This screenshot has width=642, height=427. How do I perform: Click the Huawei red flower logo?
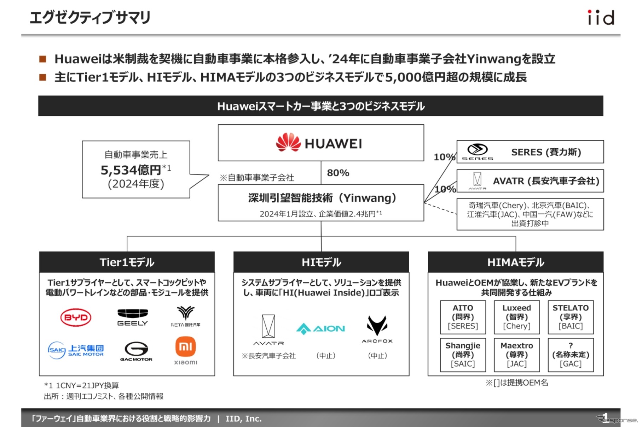[288, 142]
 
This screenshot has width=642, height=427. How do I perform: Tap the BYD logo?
[76, 318]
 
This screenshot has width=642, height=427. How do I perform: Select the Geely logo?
[133, 317]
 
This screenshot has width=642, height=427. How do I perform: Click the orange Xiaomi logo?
[186, 347]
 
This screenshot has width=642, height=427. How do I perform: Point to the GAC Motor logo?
[136, 351]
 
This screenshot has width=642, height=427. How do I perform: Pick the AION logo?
[320, 328]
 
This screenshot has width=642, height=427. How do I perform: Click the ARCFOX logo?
[377, 329]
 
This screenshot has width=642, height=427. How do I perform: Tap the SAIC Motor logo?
[76, 350]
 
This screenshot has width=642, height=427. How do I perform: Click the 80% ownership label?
[338, 173]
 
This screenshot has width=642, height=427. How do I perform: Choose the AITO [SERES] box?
[463, 317]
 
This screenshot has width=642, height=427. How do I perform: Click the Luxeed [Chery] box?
[517, 317]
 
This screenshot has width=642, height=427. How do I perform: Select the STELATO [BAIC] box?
[571, 317]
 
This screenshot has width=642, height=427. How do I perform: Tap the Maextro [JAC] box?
[517, 355]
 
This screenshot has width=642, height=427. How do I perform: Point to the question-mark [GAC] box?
[571, 355]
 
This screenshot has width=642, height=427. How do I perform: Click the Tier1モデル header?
[127, 262]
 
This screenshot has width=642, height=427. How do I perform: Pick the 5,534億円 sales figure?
[131, 170]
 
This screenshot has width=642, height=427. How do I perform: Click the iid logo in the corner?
[601, 18]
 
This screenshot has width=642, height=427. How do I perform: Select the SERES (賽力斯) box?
[530, 152]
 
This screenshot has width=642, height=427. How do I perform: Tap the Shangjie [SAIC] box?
[463, 355]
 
